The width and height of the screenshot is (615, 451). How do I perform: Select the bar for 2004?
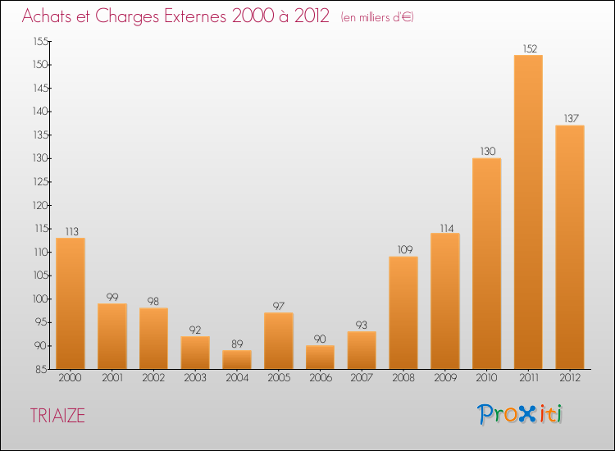237,359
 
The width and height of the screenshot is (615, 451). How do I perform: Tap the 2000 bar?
71,303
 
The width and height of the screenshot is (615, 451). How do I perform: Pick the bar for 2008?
403,312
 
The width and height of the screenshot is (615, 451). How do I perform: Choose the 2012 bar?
569,247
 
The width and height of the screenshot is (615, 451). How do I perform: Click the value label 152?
528,48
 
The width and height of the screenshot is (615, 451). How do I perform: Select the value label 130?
486,151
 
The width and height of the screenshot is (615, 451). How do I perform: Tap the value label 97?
279,306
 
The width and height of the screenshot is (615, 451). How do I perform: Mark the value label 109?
403,249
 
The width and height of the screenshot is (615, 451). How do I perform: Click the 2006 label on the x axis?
320,379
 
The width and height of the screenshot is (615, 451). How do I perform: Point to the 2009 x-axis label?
444,379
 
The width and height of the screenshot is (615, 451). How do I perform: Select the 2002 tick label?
153,379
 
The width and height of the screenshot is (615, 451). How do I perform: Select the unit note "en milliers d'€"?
377,17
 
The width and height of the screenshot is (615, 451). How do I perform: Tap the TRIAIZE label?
57,416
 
